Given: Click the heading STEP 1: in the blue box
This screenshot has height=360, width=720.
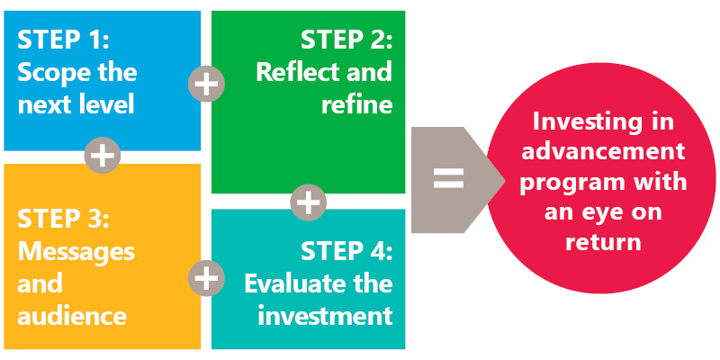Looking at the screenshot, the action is click(x=63, y=40).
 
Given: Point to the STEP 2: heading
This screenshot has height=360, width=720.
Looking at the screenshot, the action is click(x=346, y=40).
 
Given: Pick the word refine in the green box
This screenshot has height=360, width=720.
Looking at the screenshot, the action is click(x=356, y=104).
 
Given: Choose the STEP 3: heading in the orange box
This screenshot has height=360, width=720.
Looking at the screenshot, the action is click(x=63, y=220).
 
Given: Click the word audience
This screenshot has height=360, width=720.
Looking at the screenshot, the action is click(x=72, y=317).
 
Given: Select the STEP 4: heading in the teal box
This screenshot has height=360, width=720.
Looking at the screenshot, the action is click(x=346, y=252).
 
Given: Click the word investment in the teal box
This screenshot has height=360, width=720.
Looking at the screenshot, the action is click(x=325, y=316).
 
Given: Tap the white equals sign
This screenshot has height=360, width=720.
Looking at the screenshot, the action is click(x=448, y=179).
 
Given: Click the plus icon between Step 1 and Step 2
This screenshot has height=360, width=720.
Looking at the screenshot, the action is click(x=207, y=84).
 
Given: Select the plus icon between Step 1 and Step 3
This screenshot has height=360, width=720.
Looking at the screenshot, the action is click(x=103, y=155).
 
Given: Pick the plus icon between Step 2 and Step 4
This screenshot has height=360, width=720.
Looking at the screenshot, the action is click(x=309, y=202).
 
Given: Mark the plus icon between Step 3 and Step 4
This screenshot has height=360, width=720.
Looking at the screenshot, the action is click(x=207, y=278).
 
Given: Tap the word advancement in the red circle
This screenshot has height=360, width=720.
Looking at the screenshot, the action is click(x=603, y=151).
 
